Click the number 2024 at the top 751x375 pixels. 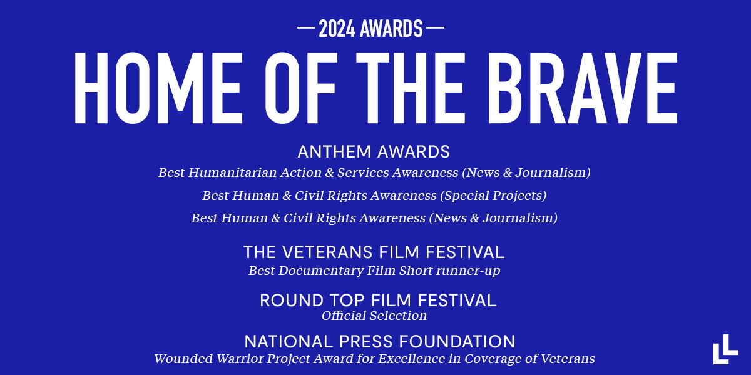(339, 29)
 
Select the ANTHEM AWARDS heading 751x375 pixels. (374, 152)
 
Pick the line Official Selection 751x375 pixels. (374, 316)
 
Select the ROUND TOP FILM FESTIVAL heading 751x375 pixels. (378, 301)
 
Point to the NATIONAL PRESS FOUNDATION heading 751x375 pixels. (380, 342)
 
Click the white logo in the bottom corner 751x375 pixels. (725, 349)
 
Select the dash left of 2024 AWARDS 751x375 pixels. (306, 29)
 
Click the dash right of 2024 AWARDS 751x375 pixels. (435, 29)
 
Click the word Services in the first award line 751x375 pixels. (359, 172)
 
